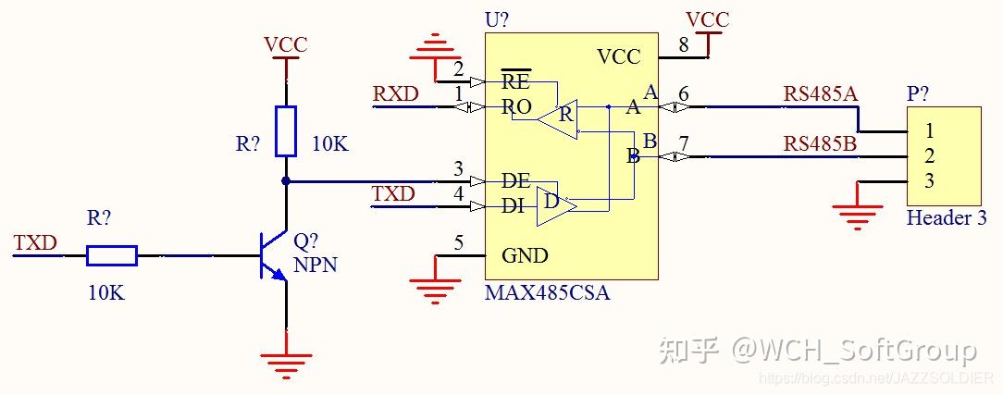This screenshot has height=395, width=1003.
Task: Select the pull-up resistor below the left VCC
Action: click(286, 130)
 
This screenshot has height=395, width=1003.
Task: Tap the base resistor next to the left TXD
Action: click(112, 255)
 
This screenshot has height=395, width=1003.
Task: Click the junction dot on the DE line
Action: click(286, 180)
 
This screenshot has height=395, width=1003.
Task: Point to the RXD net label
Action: click(395, 94)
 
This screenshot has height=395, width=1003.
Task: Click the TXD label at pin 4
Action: click(393, 194)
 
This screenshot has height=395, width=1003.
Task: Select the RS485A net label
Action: click(820, 93)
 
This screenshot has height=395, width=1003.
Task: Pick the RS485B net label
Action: click(820, 143)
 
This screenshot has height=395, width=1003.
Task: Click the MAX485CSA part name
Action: click(547, 293)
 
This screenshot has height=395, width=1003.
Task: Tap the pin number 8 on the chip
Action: click(683, 43)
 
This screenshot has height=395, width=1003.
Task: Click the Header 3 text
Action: click(946, 219)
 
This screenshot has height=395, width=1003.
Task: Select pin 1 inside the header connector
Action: click(929, 130)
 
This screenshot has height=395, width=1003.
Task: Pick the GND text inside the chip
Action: click(525, 256)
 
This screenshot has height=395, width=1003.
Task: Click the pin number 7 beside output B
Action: click(684, 144)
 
